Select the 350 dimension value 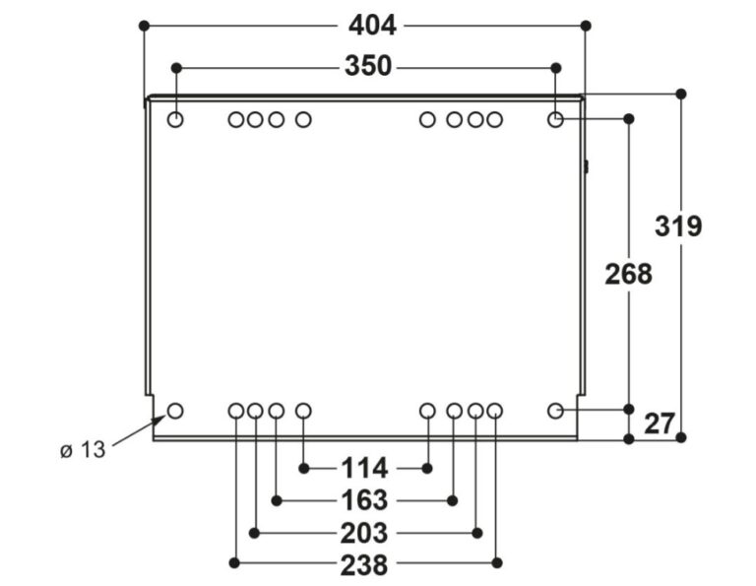click(x=368, y=66)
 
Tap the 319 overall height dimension click(x=679, y=226)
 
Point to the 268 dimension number click(x=628, y=274)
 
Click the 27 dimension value click(x=659, y=423)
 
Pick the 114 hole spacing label click(x=365, y=467)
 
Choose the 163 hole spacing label click(x=365, y=500)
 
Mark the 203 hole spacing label click(x=365, y=533)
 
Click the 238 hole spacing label click(x=364, y=564)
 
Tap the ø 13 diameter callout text click(x=82, y=450)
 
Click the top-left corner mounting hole click(x=176, y=120)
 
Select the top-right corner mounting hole click(x=555, y=120)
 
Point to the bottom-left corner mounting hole click(x=176, y=410)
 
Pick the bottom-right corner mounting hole click(x=555, y=410)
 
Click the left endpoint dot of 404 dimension click(x=144, y=25)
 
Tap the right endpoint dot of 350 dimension click(x=555, y=67)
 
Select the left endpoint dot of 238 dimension click(x=235, y=563)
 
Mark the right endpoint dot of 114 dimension click(x=428, y=467)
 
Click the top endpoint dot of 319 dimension click(x=680, y=94)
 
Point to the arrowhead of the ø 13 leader click(x=162, y=418)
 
